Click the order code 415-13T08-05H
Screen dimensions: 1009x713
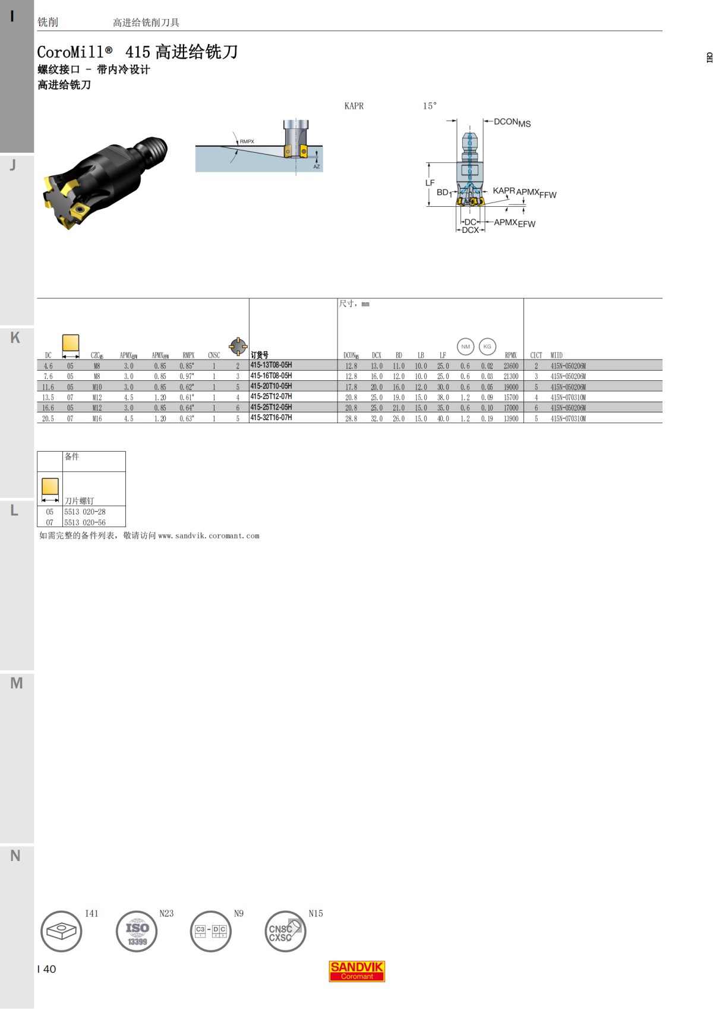pos(271,365)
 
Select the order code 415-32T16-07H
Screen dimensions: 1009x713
pos(271,418)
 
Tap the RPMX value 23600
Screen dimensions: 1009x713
pos(511,366)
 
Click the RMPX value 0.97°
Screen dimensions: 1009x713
pos(187,376)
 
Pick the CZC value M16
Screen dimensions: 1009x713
pos(97,418)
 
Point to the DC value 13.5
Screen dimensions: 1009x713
pos(48,398)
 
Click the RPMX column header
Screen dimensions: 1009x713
pos(510,355)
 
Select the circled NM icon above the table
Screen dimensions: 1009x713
pos(465,346)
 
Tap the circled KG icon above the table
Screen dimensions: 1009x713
pos(487,346)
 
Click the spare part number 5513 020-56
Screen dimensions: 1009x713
pos(85,522)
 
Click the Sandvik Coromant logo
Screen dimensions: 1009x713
pos(357,971)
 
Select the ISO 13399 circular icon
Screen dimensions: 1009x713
pos(137,931)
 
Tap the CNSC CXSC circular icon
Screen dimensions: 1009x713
pos(285,931)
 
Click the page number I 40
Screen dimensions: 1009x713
pos(47,969)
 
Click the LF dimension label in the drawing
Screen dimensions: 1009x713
pos(430,183)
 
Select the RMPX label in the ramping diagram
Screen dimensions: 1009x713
pos(247,141)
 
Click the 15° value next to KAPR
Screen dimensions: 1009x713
pos(430,106)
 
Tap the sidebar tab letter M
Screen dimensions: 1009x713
pos(17,683)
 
